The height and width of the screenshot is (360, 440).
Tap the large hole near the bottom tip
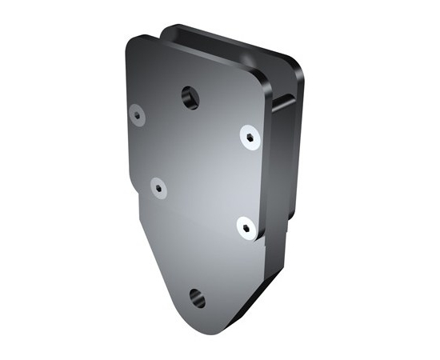197,299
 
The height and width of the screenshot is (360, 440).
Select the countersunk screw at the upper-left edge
137,114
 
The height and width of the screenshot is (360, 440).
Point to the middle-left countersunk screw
158,188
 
